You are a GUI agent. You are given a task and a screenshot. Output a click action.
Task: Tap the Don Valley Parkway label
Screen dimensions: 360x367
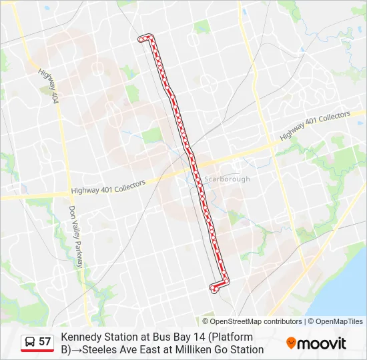tap(75, 236)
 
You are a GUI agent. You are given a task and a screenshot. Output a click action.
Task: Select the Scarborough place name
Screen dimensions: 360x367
tap(227, 179)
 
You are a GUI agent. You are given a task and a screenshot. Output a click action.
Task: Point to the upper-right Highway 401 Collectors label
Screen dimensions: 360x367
tap(314, 125)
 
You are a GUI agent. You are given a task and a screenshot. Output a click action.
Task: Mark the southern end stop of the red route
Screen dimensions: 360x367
tap(213, 288)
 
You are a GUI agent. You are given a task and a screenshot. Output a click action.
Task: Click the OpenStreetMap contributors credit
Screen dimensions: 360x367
tap(256, 321)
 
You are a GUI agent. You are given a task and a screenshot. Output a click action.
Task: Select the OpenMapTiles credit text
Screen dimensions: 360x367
tap(340, 321)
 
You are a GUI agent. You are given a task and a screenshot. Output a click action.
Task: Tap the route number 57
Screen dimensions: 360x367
tap(45, 342)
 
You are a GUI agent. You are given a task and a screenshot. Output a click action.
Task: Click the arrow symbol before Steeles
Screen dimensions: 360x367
tap(75, 349)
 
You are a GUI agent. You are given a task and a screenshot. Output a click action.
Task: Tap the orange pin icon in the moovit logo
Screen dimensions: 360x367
tap(291, 343)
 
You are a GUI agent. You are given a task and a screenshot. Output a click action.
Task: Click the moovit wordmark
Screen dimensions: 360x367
tap(322, 343)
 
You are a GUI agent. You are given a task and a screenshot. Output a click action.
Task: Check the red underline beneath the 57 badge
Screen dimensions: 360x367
tap(37, 351)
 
